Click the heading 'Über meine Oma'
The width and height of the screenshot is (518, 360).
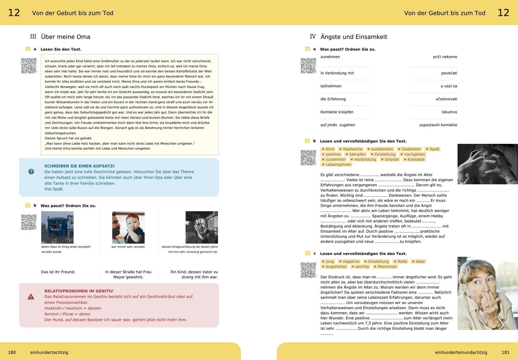pos(66,37)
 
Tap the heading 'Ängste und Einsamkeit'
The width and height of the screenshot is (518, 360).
pos(353,37)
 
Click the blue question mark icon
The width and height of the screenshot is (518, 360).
pos(31,172)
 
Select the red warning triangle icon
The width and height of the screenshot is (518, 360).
pos(31,297)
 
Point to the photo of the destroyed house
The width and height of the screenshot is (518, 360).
pos(57,227)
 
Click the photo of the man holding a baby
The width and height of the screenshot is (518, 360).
pos(128,227)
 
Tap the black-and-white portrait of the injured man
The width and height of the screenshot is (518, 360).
pos(201,227)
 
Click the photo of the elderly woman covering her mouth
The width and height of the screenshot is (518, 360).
pos(488,293)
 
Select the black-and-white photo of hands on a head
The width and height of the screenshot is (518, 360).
pos(488,164)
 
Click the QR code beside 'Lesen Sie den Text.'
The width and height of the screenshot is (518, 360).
pos(29,66)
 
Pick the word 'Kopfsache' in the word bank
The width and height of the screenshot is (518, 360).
pos(352,149)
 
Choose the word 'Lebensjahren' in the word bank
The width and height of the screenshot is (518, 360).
pos(338,165)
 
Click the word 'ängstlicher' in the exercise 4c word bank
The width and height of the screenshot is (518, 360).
pos(336,267)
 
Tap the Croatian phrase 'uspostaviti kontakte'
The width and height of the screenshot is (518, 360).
pos(438,125)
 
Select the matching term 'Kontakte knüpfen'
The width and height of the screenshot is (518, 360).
pos(337,112)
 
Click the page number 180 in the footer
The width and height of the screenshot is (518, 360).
pos(12,352)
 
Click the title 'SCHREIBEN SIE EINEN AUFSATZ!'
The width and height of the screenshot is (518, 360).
pos(79,166)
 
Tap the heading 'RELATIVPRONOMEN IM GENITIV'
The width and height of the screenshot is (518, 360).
pos(79,291)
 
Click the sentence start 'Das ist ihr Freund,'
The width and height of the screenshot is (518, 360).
pos(58,272)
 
